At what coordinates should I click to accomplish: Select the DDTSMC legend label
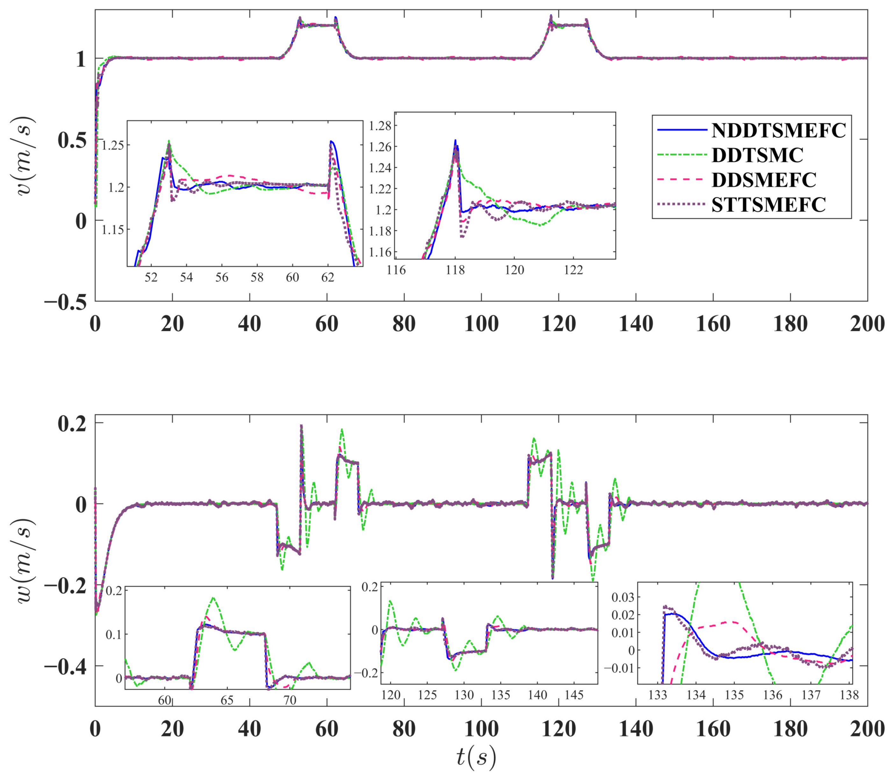pos(757,155)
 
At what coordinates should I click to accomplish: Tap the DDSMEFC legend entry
pos(764,180)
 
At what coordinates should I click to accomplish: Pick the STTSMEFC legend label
pos(768,205)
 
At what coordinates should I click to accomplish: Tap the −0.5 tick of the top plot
pos(65,302)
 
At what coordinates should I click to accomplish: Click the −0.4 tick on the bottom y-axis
pos(65,666)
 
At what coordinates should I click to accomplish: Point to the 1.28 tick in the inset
pos(380,126)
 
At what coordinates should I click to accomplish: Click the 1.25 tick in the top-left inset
pos(113,145)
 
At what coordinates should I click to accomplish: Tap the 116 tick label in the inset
pos(396,270)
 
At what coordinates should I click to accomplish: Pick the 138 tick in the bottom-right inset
pos(849,695)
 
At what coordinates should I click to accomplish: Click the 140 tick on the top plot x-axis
pos(636,325)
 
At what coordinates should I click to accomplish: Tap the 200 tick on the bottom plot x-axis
pos(867,729)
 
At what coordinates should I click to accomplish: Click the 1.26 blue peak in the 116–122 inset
pos(455,141)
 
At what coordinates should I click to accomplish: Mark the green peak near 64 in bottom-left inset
pos(213,598)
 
